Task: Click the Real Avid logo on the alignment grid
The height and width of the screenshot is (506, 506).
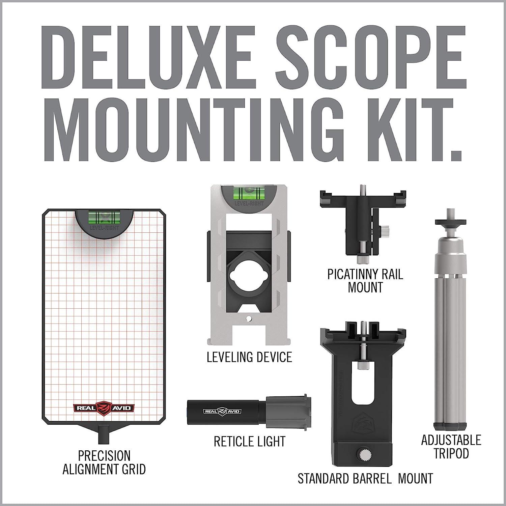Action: click(x=104, y=407)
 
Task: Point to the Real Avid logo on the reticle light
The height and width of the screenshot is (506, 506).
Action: click(x=222, y=411)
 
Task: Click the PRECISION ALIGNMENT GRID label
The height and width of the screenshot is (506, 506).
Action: click(x=104, y=462)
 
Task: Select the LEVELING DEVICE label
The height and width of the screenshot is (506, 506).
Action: click(x=249, y=357)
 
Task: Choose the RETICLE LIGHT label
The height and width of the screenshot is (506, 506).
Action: click(x=250, y=442)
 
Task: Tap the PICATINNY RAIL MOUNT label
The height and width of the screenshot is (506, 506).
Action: click(x=365, y=281)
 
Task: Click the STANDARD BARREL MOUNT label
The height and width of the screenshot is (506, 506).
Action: click(x=365, y=478)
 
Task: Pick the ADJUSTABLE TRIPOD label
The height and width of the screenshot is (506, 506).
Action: click(x=451, y=447)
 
